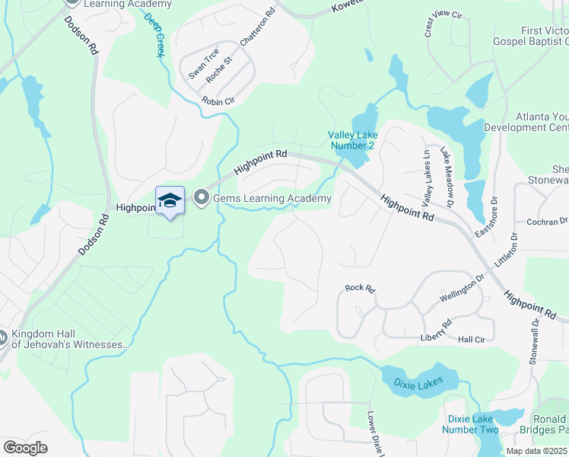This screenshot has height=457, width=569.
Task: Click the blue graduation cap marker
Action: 170,200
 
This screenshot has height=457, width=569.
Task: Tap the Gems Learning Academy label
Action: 272,199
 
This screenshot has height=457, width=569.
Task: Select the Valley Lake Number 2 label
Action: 353,140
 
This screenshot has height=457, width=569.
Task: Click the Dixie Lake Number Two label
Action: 472,424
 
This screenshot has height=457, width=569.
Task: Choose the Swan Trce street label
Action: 199,66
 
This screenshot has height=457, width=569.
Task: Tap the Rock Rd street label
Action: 360,288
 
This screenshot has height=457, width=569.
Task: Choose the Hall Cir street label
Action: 472,340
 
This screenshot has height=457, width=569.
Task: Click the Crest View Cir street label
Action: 443,24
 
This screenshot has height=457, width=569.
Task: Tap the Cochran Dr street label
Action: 542,221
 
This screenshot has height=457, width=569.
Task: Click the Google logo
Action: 26,448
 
